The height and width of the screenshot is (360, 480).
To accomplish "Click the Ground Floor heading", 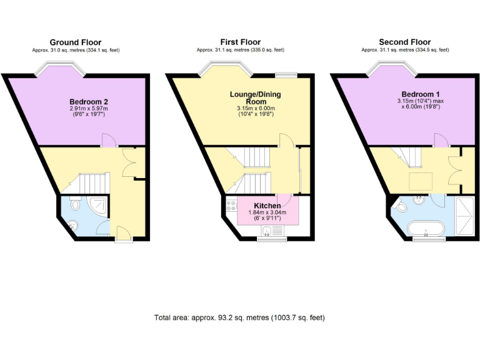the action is coord(76,42).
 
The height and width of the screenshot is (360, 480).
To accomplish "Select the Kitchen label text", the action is coord(267,206).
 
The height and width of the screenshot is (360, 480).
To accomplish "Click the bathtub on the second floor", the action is coord(427,227).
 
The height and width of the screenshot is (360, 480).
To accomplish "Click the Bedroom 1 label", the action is coord(419,93).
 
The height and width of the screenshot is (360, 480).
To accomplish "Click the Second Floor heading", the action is coord(404,42).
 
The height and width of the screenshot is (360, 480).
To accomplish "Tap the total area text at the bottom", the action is coord(239,317).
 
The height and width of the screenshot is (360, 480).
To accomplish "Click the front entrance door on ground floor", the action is coord(123,236).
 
